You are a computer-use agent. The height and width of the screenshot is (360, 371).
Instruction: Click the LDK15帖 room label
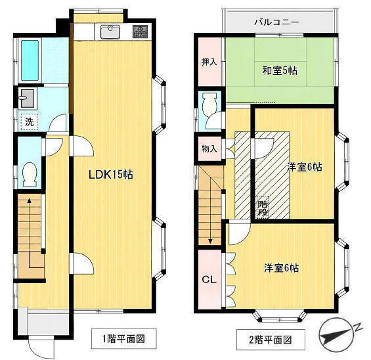tap(111, 175)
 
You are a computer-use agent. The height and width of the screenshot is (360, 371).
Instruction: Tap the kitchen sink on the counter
tap(110, 32)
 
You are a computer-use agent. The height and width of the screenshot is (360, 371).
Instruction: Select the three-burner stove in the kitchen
tap(140, 32)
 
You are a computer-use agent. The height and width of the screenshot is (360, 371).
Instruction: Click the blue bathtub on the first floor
tap(30, 60)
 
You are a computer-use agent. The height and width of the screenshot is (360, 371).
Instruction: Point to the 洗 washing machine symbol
tap(30, 122)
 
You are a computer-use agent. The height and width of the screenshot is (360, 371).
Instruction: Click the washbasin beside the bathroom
tap(28, 99)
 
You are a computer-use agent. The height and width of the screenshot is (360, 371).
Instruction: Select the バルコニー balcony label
tap(276, 22)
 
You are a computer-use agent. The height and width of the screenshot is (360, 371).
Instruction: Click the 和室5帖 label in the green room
tap(280, 70)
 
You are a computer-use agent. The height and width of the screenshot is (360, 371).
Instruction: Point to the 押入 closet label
tap(209, 62)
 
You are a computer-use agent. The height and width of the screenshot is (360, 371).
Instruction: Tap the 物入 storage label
tap(209, 149)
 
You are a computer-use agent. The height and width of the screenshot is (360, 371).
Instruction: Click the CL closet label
tap(209, 280)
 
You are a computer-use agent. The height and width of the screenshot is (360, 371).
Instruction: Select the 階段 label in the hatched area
tap(263, 208)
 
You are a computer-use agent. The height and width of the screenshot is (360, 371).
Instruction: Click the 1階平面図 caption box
tap(123, 339)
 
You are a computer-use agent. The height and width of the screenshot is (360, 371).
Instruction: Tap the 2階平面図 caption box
tap(271, 340)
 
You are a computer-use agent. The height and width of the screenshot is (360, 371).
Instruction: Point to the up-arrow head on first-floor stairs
tap(29, 201)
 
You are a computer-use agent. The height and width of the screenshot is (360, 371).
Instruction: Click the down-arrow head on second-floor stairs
tap(210, 241)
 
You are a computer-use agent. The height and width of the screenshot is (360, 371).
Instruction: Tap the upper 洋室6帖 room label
tap(304, 167)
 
